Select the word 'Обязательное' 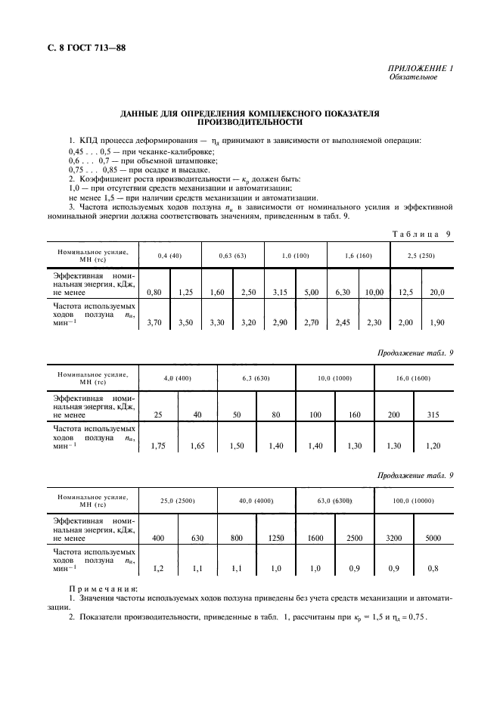(x=413, y=78)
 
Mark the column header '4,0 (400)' (x=177, y=377)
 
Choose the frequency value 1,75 (x=157, y=446)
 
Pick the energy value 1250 (x=275, y=539)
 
